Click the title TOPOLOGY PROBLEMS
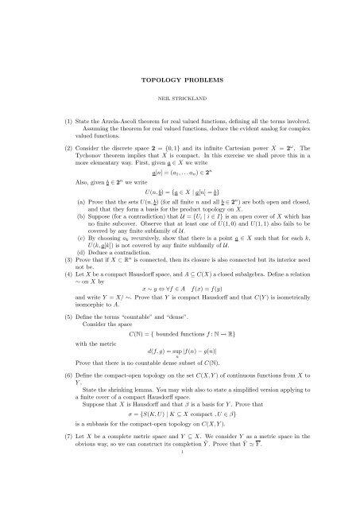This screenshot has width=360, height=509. [x=180, y=81]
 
